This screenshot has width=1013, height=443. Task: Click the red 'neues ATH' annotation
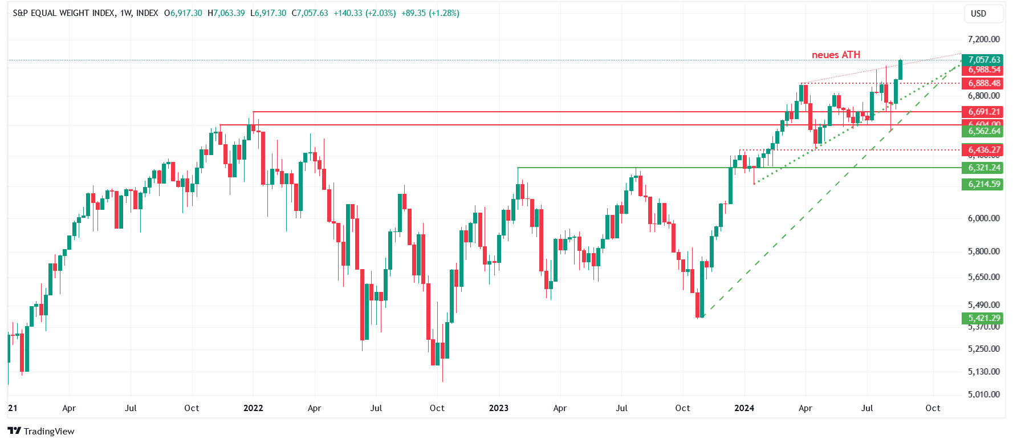pos(836,55)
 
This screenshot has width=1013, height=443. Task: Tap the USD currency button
pos(978,14)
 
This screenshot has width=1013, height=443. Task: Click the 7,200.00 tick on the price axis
pos(983,39)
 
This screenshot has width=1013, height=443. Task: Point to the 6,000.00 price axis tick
pos(983,218)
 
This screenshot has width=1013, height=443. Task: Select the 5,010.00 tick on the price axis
pos(983,395)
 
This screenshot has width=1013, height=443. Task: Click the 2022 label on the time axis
pos(253,408)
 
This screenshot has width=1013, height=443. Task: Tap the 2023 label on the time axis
pos(499,408)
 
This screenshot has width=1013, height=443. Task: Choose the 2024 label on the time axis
pos(744,408)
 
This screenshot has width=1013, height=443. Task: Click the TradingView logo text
pos(49,431)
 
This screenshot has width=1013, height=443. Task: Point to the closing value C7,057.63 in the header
pos(310,13)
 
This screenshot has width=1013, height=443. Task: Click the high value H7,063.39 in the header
pos(226,13)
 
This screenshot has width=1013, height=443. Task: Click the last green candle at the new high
pos(900,70)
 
